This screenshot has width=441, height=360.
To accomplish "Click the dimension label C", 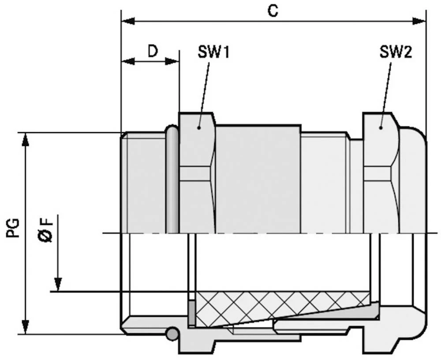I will click(273, 11).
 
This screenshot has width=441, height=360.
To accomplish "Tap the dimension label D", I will click(152, 52).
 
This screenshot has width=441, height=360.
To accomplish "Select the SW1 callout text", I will click(213, 53).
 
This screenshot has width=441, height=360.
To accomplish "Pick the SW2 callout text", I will click(395, 53).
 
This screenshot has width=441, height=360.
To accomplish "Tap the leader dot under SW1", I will click(199, 127).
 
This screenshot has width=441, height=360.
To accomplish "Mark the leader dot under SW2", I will click(381, 127).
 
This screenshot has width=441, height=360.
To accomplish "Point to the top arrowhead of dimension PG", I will click(26, 139).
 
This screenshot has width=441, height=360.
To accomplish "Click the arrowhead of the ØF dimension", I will click(57, 284).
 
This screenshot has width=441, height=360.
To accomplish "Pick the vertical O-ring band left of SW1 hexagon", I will click(172, 181).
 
